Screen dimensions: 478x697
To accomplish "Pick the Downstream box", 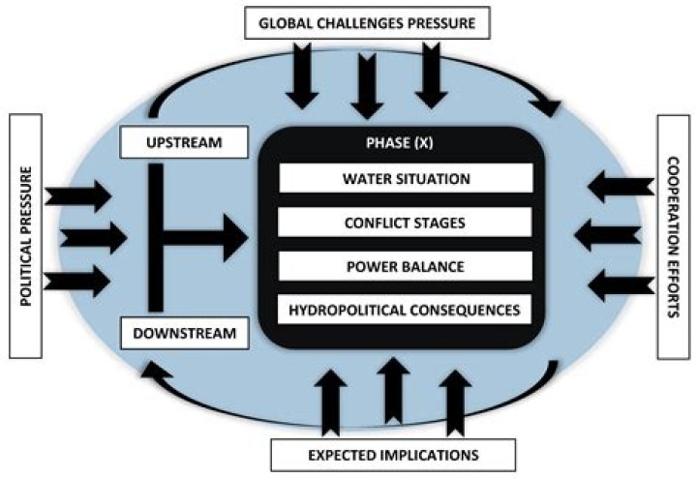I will pos(185,335).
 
